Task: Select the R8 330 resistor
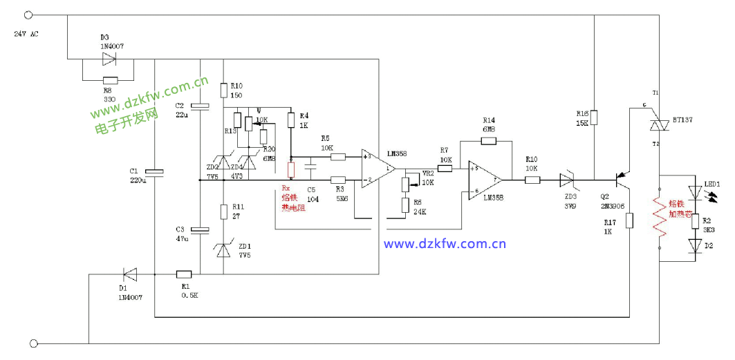109,79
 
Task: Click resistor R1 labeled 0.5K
184,274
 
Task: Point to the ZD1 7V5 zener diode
223,249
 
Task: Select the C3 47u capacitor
200,230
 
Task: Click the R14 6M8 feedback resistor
488,141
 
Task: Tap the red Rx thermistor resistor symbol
291,169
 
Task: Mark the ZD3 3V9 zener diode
567,180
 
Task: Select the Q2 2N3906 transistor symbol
624,180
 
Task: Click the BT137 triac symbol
657,124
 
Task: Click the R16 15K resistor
594,117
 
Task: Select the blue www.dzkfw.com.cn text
445,243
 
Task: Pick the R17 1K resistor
630,220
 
